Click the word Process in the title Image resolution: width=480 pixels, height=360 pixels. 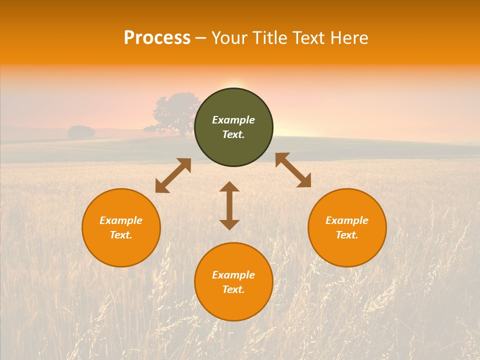pyautogui.click(x=157, y=38)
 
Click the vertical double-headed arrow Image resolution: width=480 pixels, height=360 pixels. pyautogui.click(x=229, y=205)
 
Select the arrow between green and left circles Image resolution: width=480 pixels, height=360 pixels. pyautogui.click(x=173, y=175)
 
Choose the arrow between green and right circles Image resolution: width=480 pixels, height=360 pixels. pyautogui.click(x=293, y=170)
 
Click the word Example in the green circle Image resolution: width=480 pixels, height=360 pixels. pyautogui.click(x=233, y=120)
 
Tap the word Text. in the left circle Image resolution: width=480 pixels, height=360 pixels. pyautogui.click(x=121, y=235)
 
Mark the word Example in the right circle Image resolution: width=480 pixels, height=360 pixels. pyautogui.click(x=347, y=220)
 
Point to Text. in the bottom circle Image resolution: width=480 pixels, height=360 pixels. pyautogui.click(x=233, y=289)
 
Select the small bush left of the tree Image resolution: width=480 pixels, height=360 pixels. pyautogui.click(x=81, y=132)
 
